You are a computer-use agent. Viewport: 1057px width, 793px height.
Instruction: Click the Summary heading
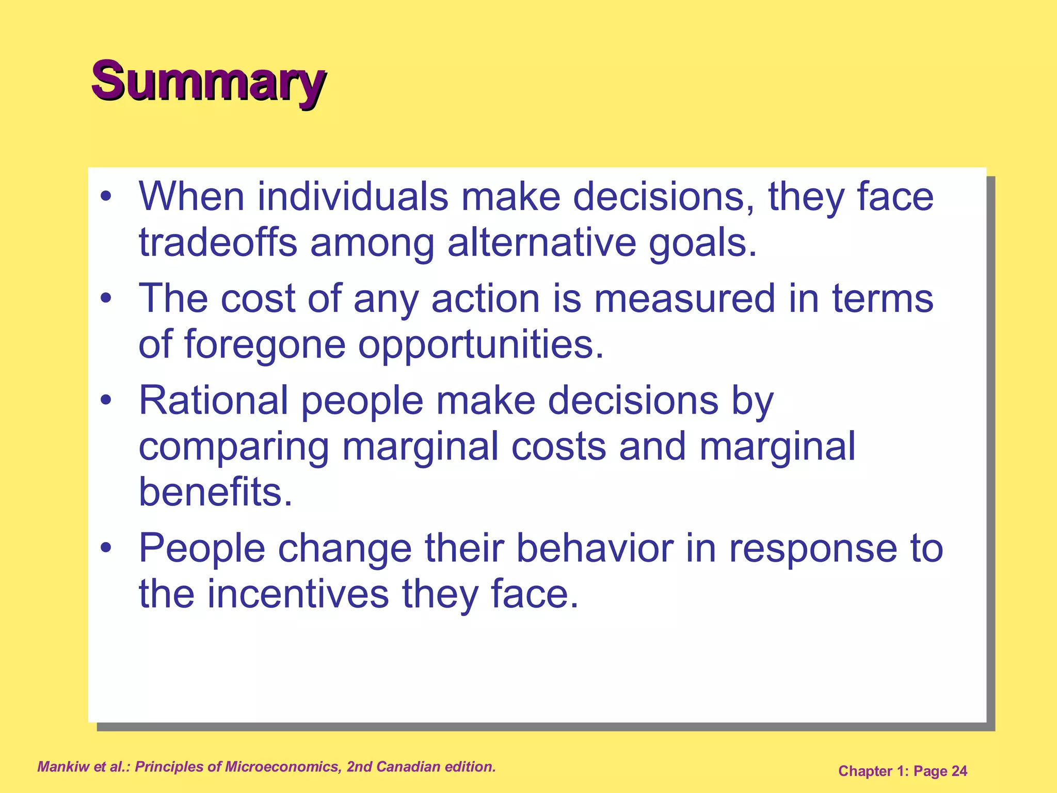208,82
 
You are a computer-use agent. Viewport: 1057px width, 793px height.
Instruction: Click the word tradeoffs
217,243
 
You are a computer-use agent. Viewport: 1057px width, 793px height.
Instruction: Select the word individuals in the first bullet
353,197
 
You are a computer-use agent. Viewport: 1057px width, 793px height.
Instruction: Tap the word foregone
264,344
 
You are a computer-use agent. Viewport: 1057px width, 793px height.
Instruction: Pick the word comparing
233,447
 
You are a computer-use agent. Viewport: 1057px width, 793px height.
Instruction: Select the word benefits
215,491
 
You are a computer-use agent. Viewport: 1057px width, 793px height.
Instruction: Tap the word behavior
595,548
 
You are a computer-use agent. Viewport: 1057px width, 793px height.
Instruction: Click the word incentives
298,594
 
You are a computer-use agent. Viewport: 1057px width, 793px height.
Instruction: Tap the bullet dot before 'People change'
106,548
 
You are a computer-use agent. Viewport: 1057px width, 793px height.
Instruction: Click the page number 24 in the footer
959,771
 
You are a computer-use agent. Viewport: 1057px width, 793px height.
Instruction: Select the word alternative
541,243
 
